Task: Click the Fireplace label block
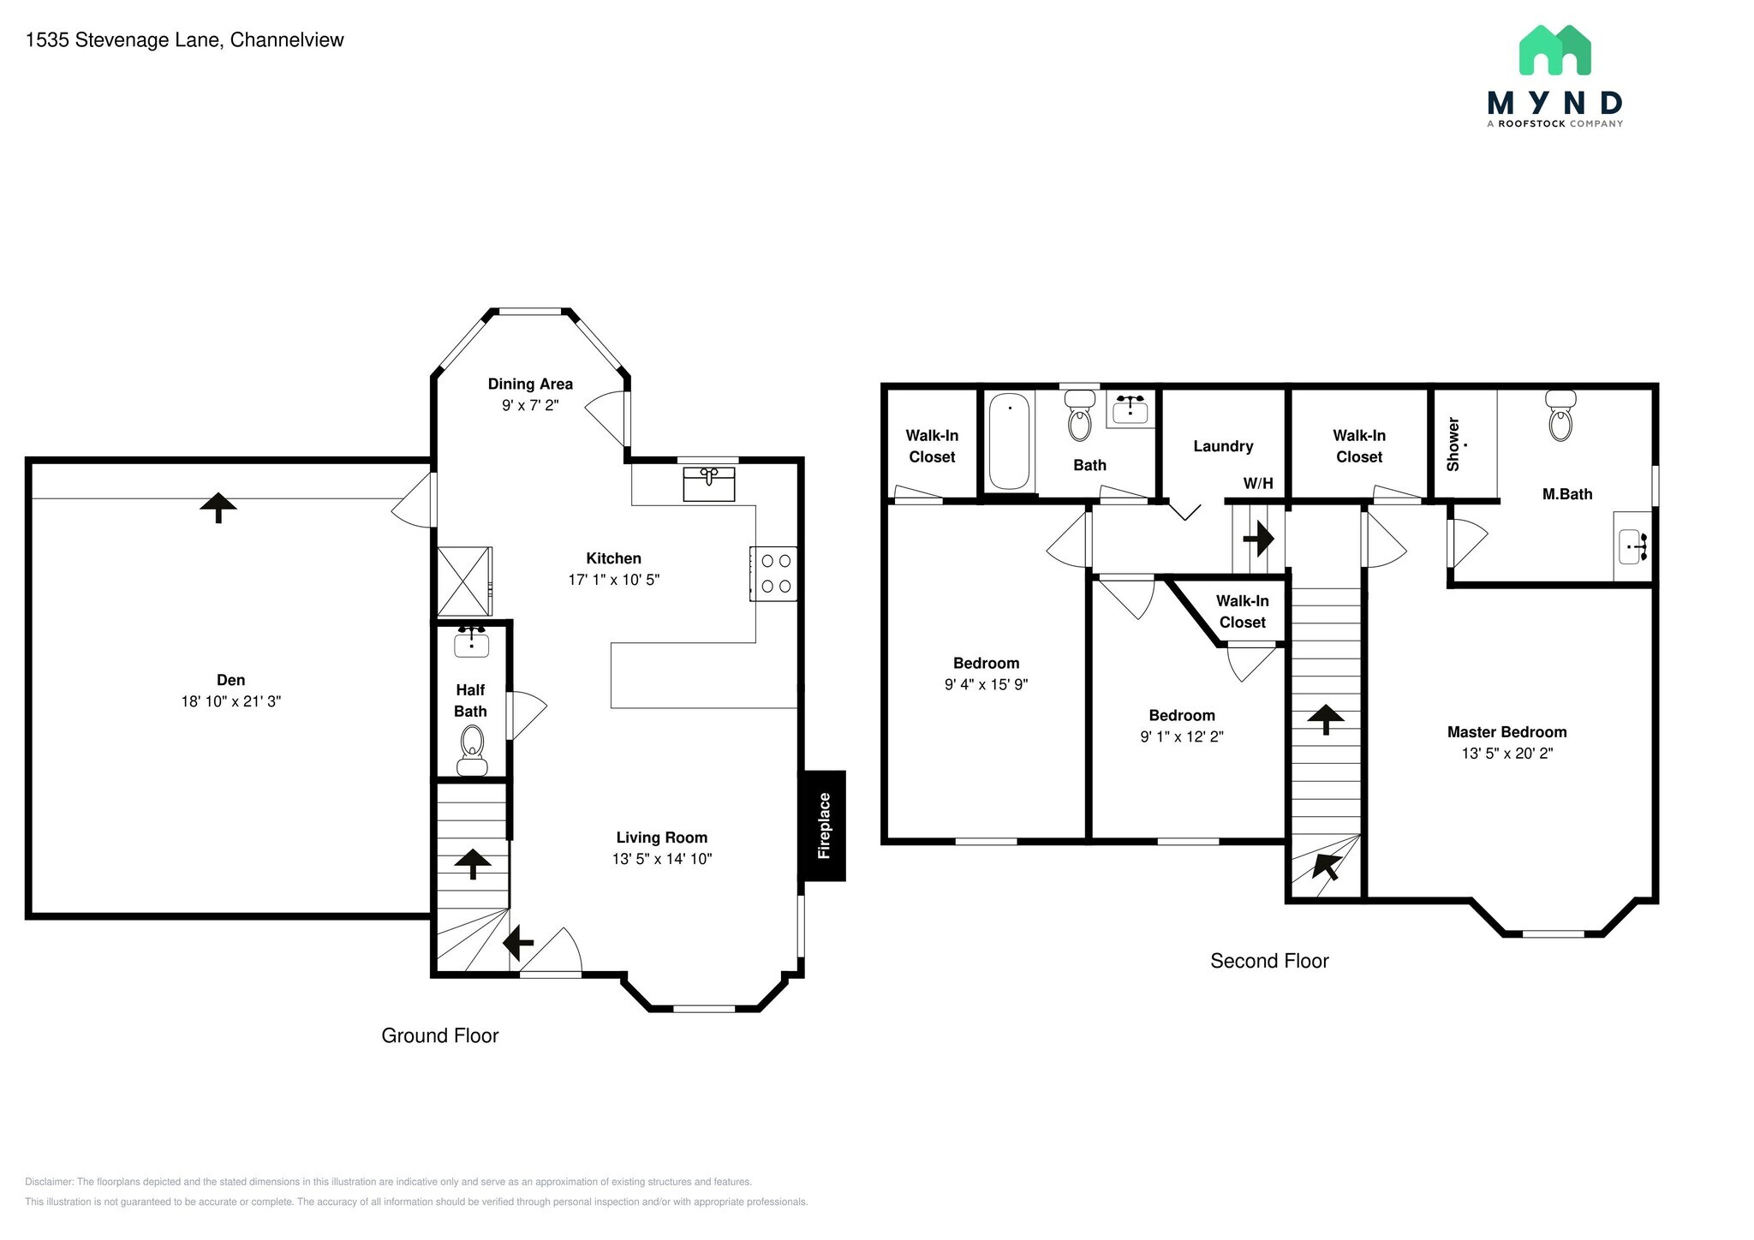click(823, 826)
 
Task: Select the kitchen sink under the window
click(709, 485)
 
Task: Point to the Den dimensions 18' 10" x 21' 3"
click(230, 701)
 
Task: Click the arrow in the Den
click(218, 507)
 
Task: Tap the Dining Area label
click(530, 384)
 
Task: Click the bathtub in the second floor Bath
click(1010, 442)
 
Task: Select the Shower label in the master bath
click(1453, 444)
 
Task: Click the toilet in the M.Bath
click(1560, 417)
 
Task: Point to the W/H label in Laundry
click(1258, 483)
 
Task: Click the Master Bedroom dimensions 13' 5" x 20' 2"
click(1506, 754)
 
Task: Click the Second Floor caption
click(1269, 961)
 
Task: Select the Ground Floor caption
click(439, 1035)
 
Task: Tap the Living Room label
click(661, 838)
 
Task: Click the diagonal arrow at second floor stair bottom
click(1325, 867)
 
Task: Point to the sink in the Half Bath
click(471, 643)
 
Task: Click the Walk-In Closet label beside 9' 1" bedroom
click(1242, 611)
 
